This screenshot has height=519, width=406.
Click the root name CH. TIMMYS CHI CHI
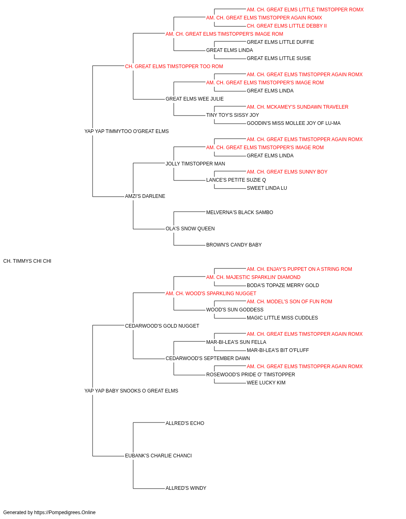pyautogui.click(x=27, y=261)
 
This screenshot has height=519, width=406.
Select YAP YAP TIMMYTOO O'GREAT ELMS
pyautogui.click(x=127, y=131)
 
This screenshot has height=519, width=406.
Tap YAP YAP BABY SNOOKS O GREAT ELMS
pyautogui.click(x=131, y=391)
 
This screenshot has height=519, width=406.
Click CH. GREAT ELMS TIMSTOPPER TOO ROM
pyautogui.click(x=174, y=66)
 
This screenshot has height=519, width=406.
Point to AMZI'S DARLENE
pyautogui.click(x=145, y=196)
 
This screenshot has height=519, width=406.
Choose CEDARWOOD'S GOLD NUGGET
pyautogui.click(x=162, y=326)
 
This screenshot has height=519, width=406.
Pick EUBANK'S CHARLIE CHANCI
pyautogui.click(x=158, y=456)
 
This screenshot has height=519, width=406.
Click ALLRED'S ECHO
pyautogui.click(x=185, y=423)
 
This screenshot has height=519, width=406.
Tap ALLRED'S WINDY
pyautogui.click(x=186, y=488)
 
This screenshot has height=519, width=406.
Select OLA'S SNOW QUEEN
pyautogui.click(x=190, y=229)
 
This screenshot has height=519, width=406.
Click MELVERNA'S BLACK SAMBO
pyautogui.click(x=240, y=212)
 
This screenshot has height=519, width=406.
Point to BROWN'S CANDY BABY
pyautogui.click(x=234, y=245)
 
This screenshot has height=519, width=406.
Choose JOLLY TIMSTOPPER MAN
pyautogui.click(x=195, y=163)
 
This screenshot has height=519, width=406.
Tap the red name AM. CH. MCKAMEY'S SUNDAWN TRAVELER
pyautogui.click(x=298, y=107)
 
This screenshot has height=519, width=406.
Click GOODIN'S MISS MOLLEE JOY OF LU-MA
pyautogui.click(x=294, y=123)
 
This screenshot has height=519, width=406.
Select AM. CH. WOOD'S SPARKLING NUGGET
pyautogui.click(x=211, y=294)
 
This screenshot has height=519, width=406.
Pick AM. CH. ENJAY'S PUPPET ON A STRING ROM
pyautogui.click(x=299, y=269)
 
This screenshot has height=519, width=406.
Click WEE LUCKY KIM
pyautogui.click(x=266, y=383)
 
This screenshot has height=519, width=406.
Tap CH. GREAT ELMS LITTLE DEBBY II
pyautogui.click(x=287, y=26)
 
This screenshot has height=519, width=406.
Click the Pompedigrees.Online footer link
pyautogui.click(x=65, y=513)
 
